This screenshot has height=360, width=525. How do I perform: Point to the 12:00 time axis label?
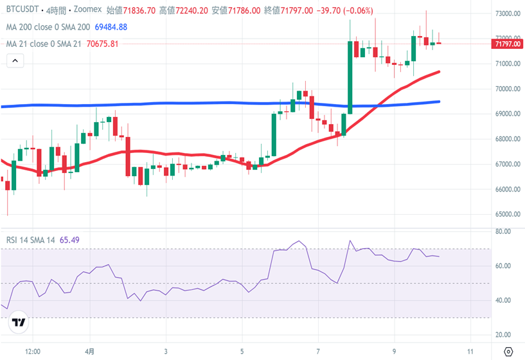coord(33,352)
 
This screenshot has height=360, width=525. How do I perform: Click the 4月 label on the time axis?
coord(91,352)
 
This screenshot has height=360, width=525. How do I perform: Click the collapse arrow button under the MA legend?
coord(15,61)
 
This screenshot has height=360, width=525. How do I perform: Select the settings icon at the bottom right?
coord(509,352)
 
